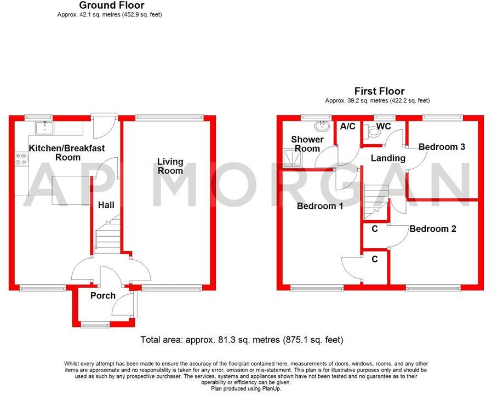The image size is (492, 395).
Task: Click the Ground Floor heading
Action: [111, 5]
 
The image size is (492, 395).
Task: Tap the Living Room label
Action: [170, 166]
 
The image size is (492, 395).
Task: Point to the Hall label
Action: [106, 205]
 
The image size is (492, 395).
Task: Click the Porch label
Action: [102, 296]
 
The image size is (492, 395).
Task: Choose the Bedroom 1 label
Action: [320, 206]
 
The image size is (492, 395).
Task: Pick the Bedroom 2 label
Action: [433, 229]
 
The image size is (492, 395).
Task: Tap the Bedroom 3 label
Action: [442, 147]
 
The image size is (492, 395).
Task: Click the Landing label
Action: [388, 158]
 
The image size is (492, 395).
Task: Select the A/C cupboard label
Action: [348, 127]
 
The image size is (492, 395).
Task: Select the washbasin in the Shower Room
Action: [323, 127]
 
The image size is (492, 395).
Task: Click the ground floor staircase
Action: [107, 234]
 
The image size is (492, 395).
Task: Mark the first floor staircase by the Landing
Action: [375, 201]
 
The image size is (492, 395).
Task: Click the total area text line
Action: [242, 340]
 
